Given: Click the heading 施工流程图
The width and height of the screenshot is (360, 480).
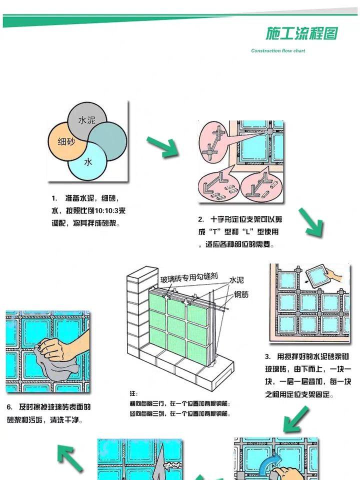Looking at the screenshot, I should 301,33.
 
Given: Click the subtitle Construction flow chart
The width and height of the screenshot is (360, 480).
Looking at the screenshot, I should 278,50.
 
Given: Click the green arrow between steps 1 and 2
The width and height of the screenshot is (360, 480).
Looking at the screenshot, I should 163,146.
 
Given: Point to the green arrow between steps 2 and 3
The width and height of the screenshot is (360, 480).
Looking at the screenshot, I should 311,222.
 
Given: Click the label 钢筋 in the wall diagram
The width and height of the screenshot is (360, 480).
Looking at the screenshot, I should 241,294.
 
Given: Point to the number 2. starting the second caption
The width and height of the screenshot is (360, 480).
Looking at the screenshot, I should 201,219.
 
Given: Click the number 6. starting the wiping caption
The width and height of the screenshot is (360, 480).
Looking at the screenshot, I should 10,407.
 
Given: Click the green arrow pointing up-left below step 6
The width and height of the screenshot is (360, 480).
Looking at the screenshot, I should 70,457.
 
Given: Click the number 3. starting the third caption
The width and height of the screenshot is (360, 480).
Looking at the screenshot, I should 268,356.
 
